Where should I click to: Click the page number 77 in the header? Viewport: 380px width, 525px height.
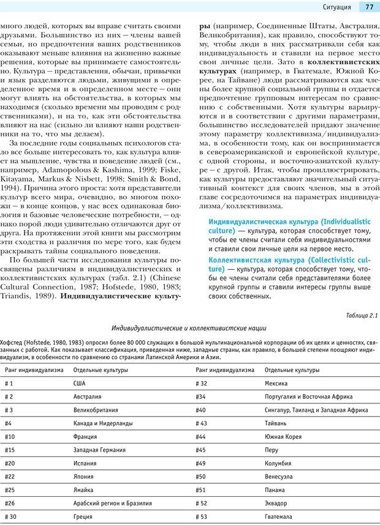369,7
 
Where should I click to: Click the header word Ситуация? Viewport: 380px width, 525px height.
336,7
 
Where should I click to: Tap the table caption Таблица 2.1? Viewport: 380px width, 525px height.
362,316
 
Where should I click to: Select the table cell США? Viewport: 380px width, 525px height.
80,383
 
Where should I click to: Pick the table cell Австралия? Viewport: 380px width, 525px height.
87,397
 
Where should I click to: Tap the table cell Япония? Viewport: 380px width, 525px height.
84,477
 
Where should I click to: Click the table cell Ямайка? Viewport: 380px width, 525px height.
83,490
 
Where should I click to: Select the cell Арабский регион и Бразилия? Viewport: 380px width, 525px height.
112,504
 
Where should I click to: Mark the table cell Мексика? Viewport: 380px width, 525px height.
276,383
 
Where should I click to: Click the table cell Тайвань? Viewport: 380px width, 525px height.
276,423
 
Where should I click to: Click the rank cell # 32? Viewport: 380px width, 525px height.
201,383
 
